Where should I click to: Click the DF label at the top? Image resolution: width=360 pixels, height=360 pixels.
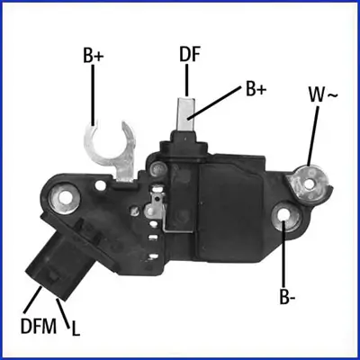(x=189, y=55)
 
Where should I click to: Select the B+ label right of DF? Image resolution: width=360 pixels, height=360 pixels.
(x=256, y=89)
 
